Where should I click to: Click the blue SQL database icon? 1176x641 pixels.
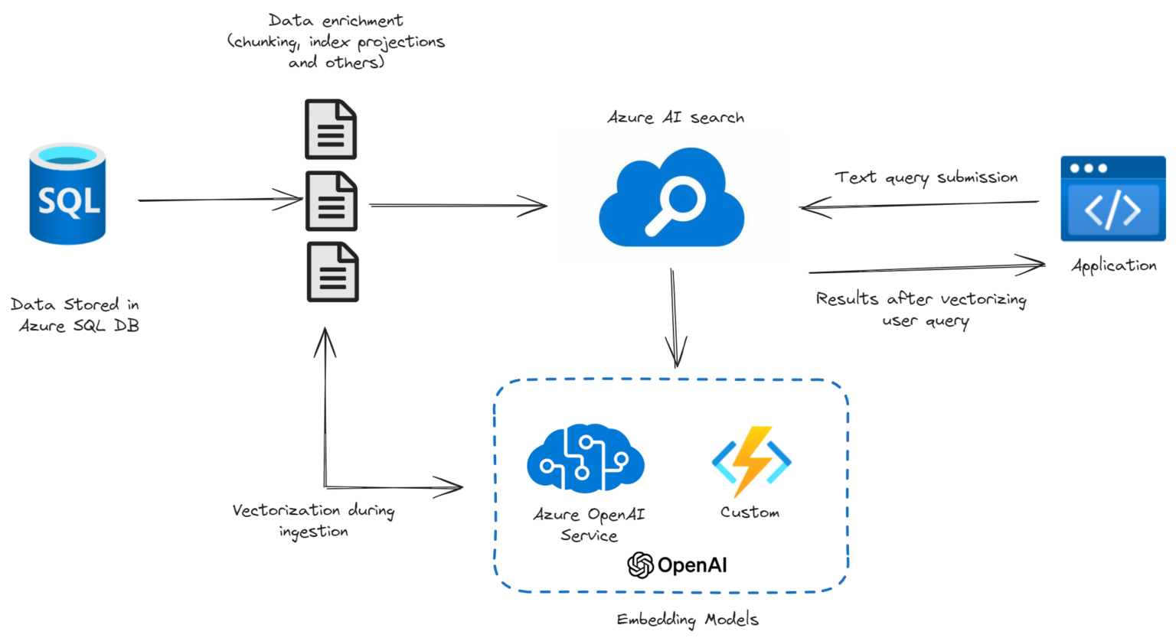coord(67,194)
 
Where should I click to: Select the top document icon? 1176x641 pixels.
coord(331,129)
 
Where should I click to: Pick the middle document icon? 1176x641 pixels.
coord(332,201)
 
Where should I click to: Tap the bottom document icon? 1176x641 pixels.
coord(332,272)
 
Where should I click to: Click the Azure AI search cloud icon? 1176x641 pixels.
coord(671,199)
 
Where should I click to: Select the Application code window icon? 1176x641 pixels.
coord(1112,199)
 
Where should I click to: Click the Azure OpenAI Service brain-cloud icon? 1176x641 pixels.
coord(586,458)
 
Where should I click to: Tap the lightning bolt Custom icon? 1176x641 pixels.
coord(751,460)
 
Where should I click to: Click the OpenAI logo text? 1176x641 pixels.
coord(678,565)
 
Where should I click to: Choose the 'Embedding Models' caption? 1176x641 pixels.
coord(688,620)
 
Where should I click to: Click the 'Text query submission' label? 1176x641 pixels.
coord(926,177)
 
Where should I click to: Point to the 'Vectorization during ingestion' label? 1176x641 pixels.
coord(313,520)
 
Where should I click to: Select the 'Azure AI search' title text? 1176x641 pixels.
coord(675,118)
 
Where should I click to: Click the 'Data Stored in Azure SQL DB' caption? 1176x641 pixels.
coord(75,314)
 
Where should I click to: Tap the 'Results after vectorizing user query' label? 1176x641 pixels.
coord(921,309)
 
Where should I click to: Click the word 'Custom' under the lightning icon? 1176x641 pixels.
coord(750,512)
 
